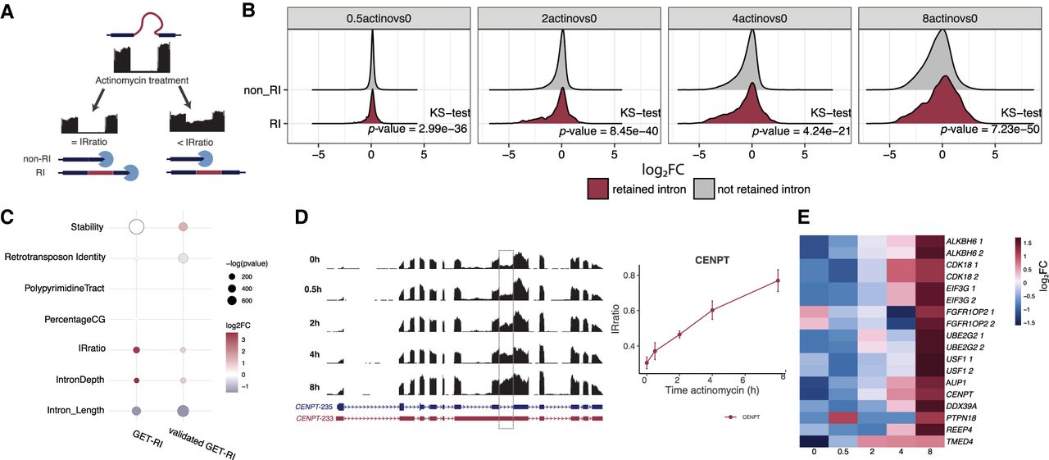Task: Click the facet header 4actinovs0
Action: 759,19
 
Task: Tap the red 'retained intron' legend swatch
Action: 597,189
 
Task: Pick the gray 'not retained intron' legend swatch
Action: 704,189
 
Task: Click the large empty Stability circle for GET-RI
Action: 136,227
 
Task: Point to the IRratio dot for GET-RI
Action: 137,350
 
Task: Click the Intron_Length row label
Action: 75,410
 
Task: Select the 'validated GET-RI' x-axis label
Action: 202,443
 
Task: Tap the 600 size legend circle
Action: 231,300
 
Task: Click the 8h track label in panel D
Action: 314,387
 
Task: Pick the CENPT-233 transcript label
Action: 314,418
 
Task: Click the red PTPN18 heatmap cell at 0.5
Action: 843,417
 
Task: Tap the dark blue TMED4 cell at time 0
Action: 814,441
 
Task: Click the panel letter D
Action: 302,217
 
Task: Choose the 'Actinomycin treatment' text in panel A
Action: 142,80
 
